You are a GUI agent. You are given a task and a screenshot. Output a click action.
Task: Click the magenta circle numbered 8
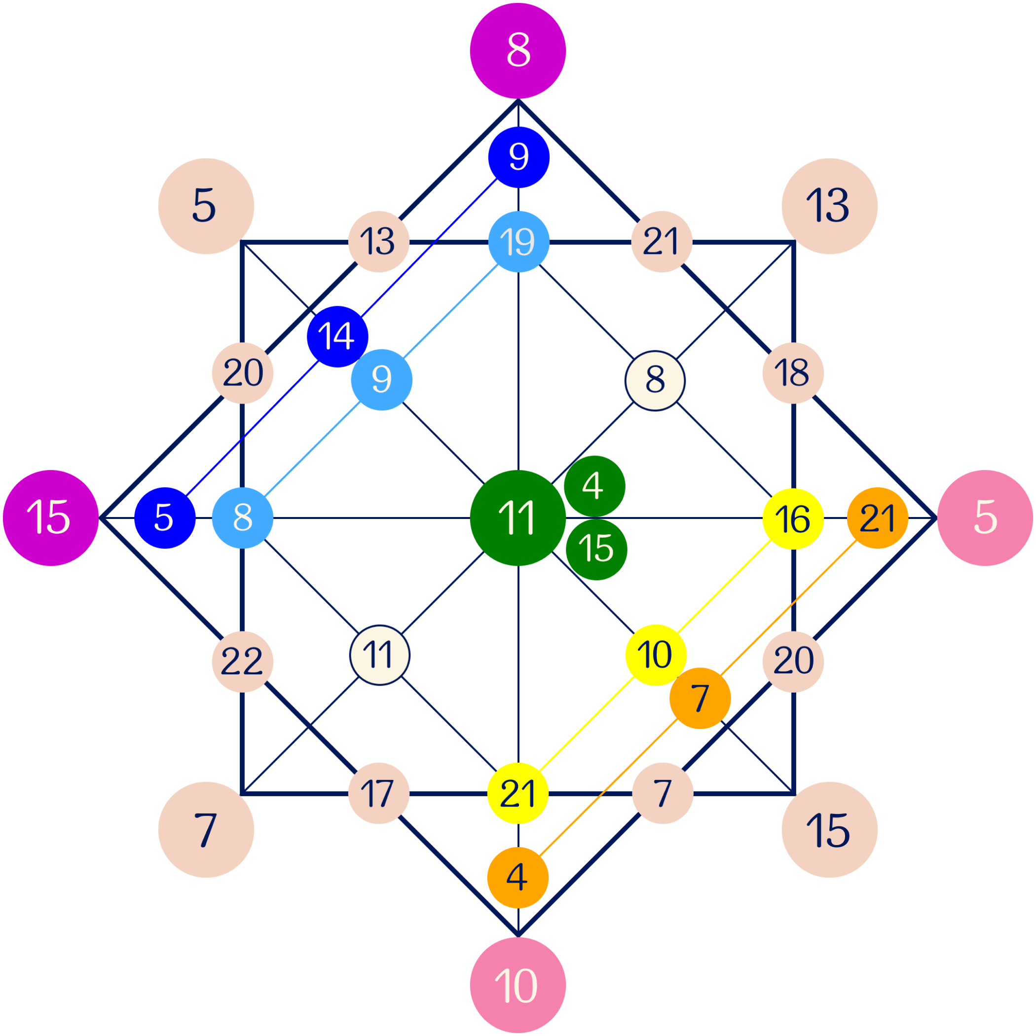coord(518,50)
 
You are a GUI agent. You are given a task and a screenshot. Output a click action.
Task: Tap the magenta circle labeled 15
coord(50,518)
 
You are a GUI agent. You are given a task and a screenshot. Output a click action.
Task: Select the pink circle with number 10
coord(518,985)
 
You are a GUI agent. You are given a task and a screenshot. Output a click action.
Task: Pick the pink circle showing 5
coord(985,518)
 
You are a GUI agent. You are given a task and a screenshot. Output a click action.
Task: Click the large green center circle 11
coord(518,518)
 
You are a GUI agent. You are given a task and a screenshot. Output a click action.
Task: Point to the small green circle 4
coord(594,486)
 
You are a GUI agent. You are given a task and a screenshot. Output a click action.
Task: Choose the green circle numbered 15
coord(596,549)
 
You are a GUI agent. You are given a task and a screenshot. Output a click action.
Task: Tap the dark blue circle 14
coord(337,336)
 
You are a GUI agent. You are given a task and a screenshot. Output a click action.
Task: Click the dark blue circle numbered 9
coord(518,157)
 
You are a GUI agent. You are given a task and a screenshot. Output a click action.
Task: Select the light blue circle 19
coord(518,241)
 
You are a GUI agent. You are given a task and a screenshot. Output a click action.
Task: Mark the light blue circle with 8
coord(242,518)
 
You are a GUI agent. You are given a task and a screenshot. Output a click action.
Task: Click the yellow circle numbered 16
coord(793,518)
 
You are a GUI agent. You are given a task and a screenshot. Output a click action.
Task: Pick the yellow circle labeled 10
coord(655,655)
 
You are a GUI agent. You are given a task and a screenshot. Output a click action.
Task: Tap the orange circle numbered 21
coord(877,518)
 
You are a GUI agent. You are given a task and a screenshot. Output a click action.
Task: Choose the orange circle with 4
coord(518,877)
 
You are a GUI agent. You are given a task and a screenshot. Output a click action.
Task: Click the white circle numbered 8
coord(655,380)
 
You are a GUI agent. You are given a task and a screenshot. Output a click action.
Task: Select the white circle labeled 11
coord(379,655)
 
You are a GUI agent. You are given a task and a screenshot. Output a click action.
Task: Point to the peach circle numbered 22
coord(242,662)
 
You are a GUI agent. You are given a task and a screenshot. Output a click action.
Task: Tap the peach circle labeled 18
coord(793,372)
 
